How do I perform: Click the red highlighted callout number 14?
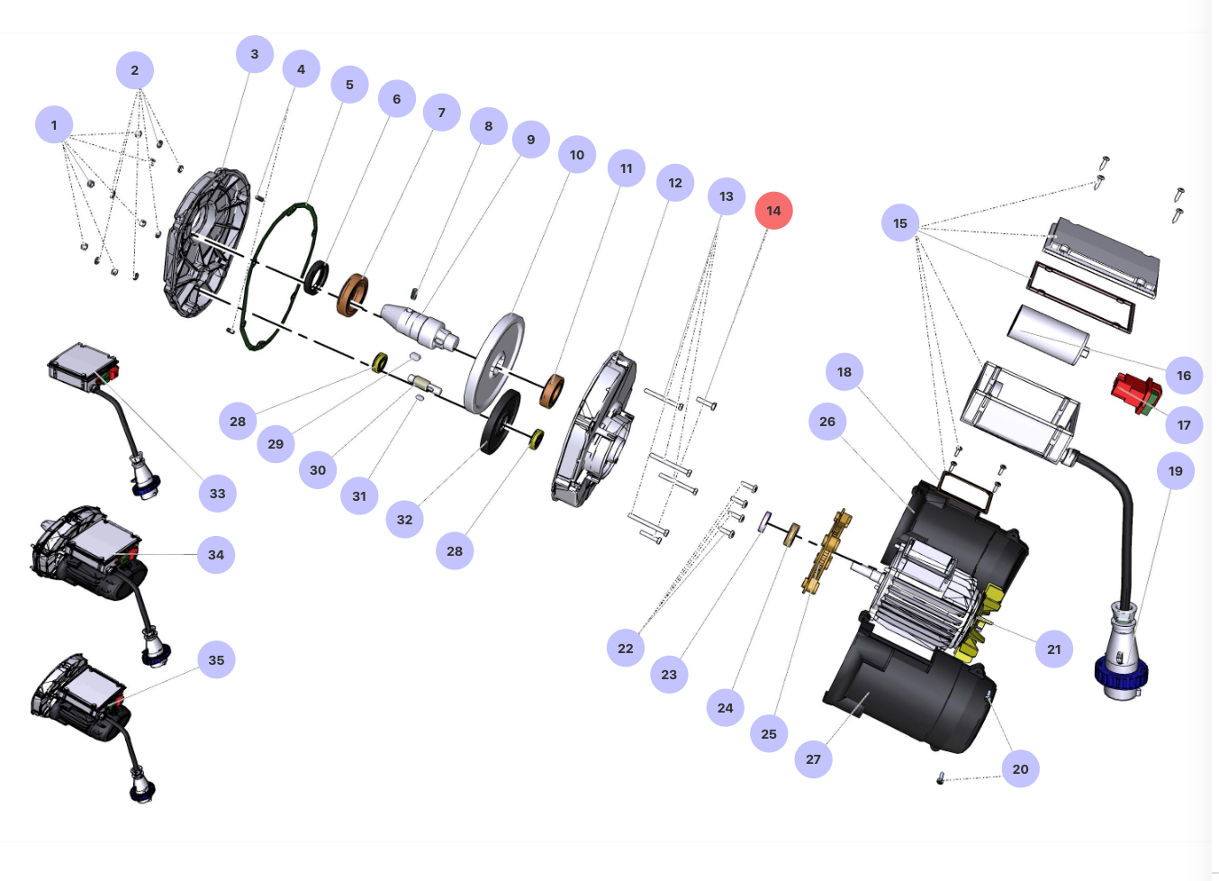coord(773,211)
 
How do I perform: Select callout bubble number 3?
coord(255,54)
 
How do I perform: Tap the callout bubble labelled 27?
coord(813,759)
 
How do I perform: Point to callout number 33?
coord(217,494)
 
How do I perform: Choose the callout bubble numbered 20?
coord(1020,769)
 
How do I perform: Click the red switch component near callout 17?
coord(1136,393)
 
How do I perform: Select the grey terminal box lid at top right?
coord(1103,256)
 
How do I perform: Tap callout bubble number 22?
coord(626,649)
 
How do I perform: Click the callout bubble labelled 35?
coord(217,660)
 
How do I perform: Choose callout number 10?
coord(577,155)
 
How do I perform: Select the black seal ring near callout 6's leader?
coord(315,277)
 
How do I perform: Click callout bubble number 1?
coord(54,125)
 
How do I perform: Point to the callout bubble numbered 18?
coord(844,372)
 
